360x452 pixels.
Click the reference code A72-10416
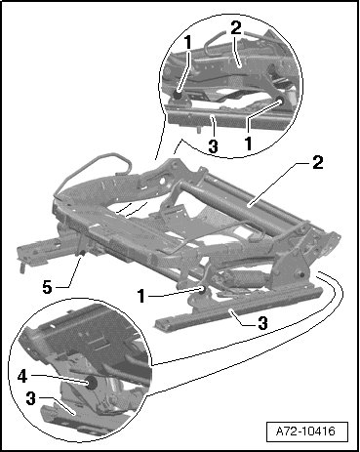pyautogui.click(x=305, y=431)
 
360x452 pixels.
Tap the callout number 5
pyautogui.click(x=47, y=287)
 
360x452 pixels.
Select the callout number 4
pyautogui.click(x=22, y=377)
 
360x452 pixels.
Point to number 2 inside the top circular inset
pyautogui.click(x=236, y=28)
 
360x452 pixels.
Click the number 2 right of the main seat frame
pyautogui.click(x=318, y=162)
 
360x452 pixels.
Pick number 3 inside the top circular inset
pyautogui.click(x=213, y=145)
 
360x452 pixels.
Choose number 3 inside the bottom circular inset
pyautogui.click(x=30, y=399)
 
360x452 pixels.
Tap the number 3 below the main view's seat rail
pyautogui.click(x=262, y=323)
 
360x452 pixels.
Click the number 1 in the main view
pyautogui.click(x=140, y=296)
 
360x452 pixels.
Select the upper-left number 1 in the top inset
pyautogui.click(x=187, y=41)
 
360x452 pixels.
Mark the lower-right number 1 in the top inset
pyautogui.click(x=249, y=144)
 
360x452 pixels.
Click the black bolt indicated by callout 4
pyautogui.click(x=92, y=384)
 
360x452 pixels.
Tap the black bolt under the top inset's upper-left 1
pyautogui.click(x=178, y=96)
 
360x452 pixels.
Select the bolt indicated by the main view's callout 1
pyautogui.click(x=203, y=290)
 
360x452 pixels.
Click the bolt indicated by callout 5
pyautogui.click(x=81, y=253)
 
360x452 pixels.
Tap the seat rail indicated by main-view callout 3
pyautogui.click(x=240, y=306)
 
